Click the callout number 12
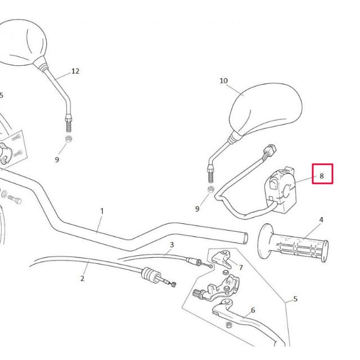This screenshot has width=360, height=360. point(75,71)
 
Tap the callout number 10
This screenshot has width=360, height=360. point(223,81)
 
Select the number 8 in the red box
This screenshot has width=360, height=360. point(322,175)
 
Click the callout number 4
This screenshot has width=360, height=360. point(321,219)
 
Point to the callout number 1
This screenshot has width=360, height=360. point(102,211)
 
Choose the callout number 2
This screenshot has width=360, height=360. point(82,278)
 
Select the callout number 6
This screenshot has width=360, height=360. point(253,310)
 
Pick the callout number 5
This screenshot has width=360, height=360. point(295,299)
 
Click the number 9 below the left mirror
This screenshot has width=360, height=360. point(57,160)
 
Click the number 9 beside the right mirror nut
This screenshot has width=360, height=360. point(197,209)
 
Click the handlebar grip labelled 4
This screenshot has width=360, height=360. point(295,245)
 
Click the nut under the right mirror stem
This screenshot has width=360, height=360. point(210,190)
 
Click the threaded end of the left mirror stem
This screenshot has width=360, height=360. point(69,122)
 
